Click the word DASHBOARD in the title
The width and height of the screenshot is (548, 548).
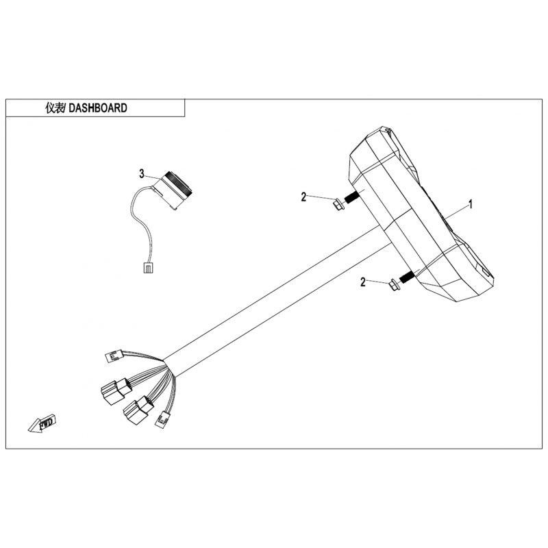click(x=98, y=108)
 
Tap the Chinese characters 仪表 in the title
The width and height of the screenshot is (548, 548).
click(x=55, y=108)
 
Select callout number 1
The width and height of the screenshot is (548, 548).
click(x=471, y=204)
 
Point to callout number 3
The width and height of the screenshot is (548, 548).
click(x=142, y=174)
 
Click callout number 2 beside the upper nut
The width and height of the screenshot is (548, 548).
click(x=303, y=197)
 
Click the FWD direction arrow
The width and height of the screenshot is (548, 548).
click(x=42, y=423)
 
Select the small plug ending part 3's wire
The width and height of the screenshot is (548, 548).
click(x=148, y=269)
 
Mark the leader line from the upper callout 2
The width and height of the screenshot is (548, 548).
click(x=319, y=198)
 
